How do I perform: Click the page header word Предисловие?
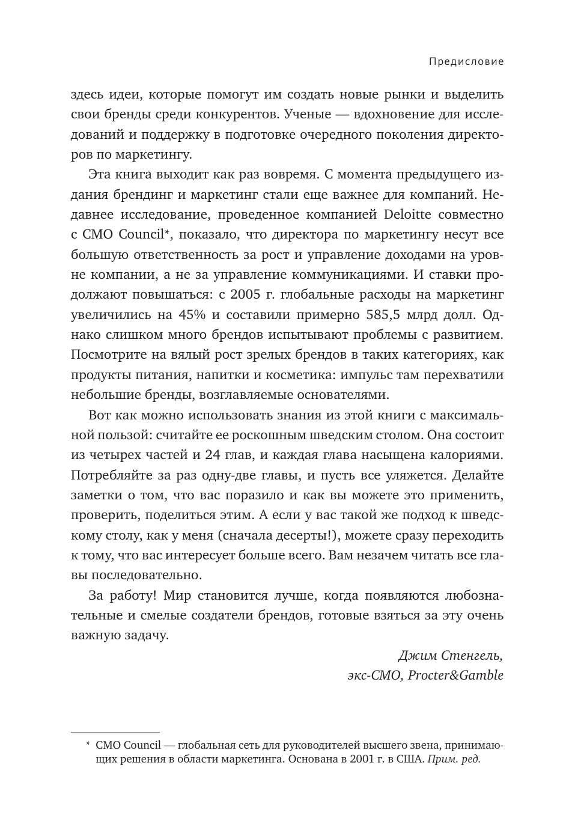pos(466,61)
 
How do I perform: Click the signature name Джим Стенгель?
pos(450,655)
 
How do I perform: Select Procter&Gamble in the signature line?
pos(455,675)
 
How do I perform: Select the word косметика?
pos(299,375)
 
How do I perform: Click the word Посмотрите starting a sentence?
pos(110,355)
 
